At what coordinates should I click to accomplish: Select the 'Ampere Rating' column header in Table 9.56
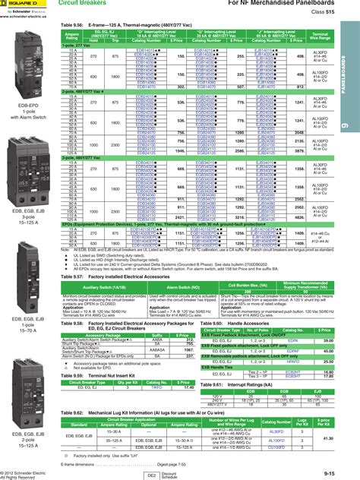click(72, 35)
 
